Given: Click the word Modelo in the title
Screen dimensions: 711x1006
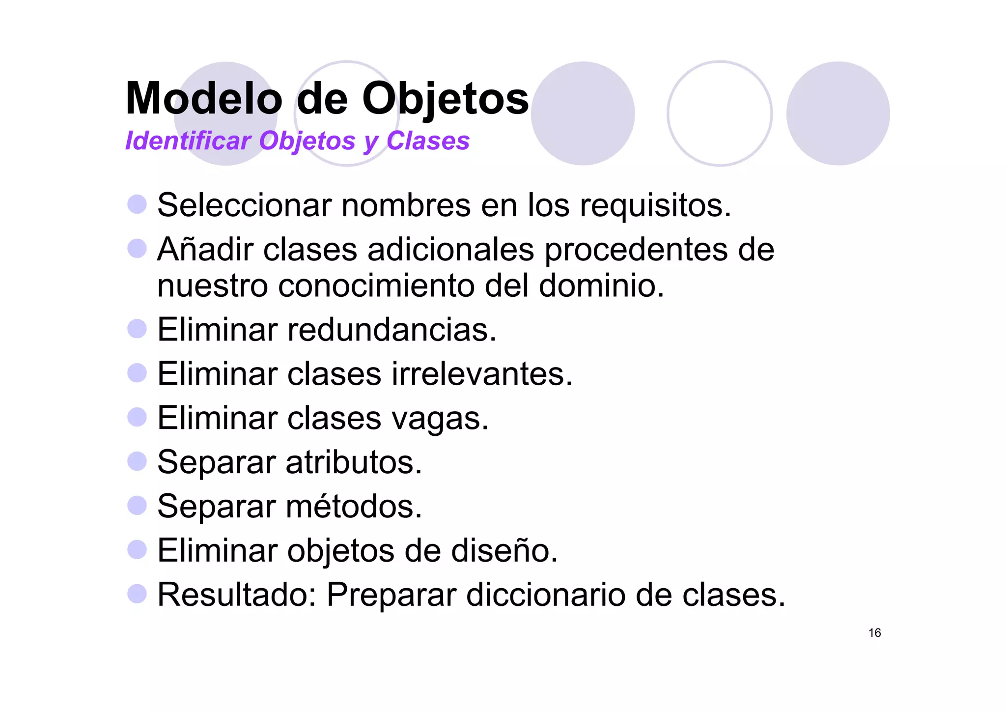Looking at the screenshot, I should [x=204, y=98].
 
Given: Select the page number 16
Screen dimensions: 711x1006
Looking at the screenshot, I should [x=874, y=633].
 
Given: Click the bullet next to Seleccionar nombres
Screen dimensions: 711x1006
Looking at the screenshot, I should [x=137, y=204].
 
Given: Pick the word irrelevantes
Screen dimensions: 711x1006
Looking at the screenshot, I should [x=482, y=374].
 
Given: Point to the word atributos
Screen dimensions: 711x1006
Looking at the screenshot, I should [x=353, y=462].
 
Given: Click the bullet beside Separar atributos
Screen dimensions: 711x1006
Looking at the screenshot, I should [x=137, y=461].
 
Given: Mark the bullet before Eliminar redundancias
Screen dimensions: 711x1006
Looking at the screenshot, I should [x=137, y=329].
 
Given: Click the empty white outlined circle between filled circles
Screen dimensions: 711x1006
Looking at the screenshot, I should [x=719, y=114].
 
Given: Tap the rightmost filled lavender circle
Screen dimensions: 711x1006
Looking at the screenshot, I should [x=838, y=114].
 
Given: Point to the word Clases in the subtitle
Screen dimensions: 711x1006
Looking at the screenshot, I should [x=428, y=141].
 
